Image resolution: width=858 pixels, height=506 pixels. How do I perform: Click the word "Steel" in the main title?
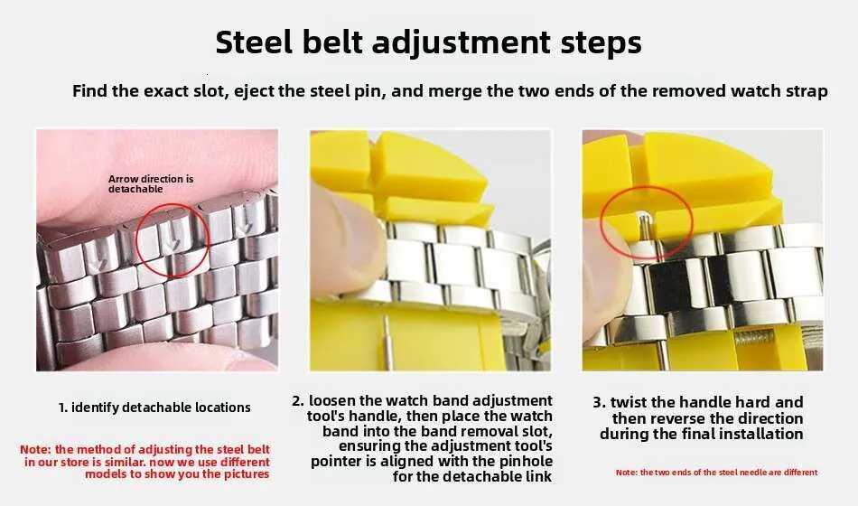pos(254,42)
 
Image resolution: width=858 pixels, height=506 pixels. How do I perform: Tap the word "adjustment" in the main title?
pos(462,43)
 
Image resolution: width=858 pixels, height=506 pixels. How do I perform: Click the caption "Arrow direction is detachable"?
pos(151,184)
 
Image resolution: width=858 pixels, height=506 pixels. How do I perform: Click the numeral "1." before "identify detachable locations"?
pos(63,408)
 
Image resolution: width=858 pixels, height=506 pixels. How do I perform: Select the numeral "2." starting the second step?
pos(298,401)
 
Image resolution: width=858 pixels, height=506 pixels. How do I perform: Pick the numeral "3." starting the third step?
pos(599,402)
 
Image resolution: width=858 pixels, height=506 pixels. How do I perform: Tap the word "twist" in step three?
pos(629,402)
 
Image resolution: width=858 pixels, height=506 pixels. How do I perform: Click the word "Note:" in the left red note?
pos(35,450)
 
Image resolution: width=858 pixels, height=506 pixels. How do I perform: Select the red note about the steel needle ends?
pos(717,472)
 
